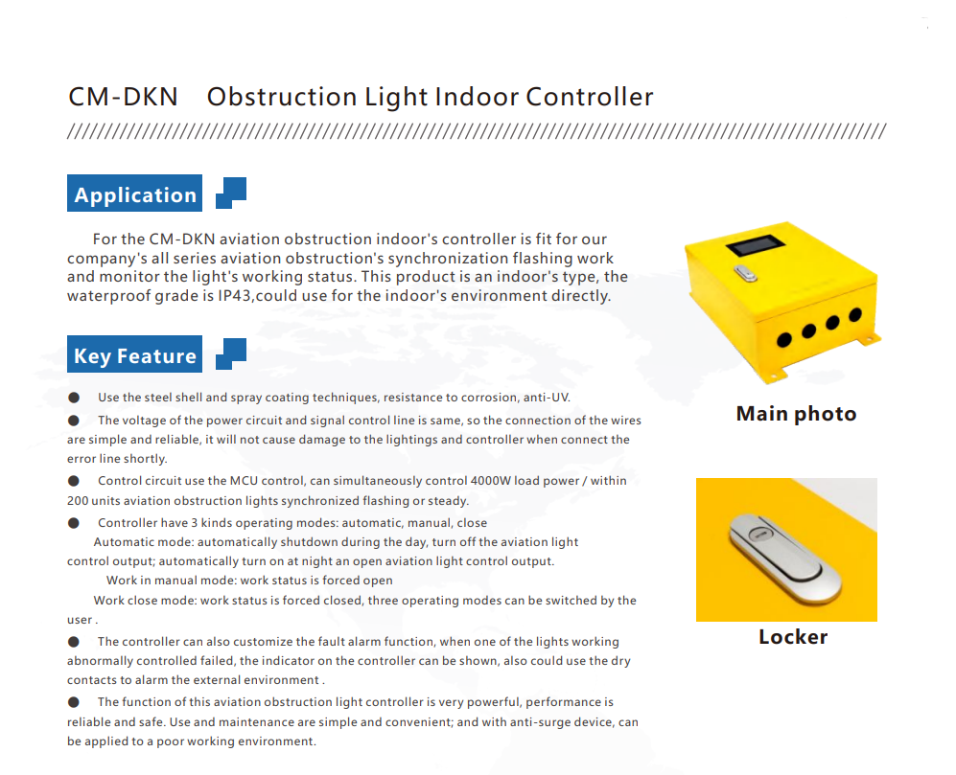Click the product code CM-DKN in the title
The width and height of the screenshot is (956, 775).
(123, 97)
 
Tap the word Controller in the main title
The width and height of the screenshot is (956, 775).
(589, 97)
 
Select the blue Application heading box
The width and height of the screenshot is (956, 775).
(135, 194)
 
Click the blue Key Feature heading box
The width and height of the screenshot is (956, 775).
(135, 354)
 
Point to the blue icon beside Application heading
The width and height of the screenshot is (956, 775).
(231, 193)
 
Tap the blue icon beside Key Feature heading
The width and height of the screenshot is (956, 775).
(231, 354)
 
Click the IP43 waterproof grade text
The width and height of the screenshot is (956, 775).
(235, 296)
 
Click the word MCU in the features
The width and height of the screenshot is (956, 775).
(244, 481)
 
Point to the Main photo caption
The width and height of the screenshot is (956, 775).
(796, 414)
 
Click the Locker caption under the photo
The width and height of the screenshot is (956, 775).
(793, 637)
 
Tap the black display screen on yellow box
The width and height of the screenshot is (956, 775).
(755, 245)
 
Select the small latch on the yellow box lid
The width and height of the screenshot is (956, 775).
(746, 274)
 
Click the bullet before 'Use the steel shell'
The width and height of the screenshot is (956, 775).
(74, 398)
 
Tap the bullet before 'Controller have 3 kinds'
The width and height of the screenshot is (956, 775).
(74, 523)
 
